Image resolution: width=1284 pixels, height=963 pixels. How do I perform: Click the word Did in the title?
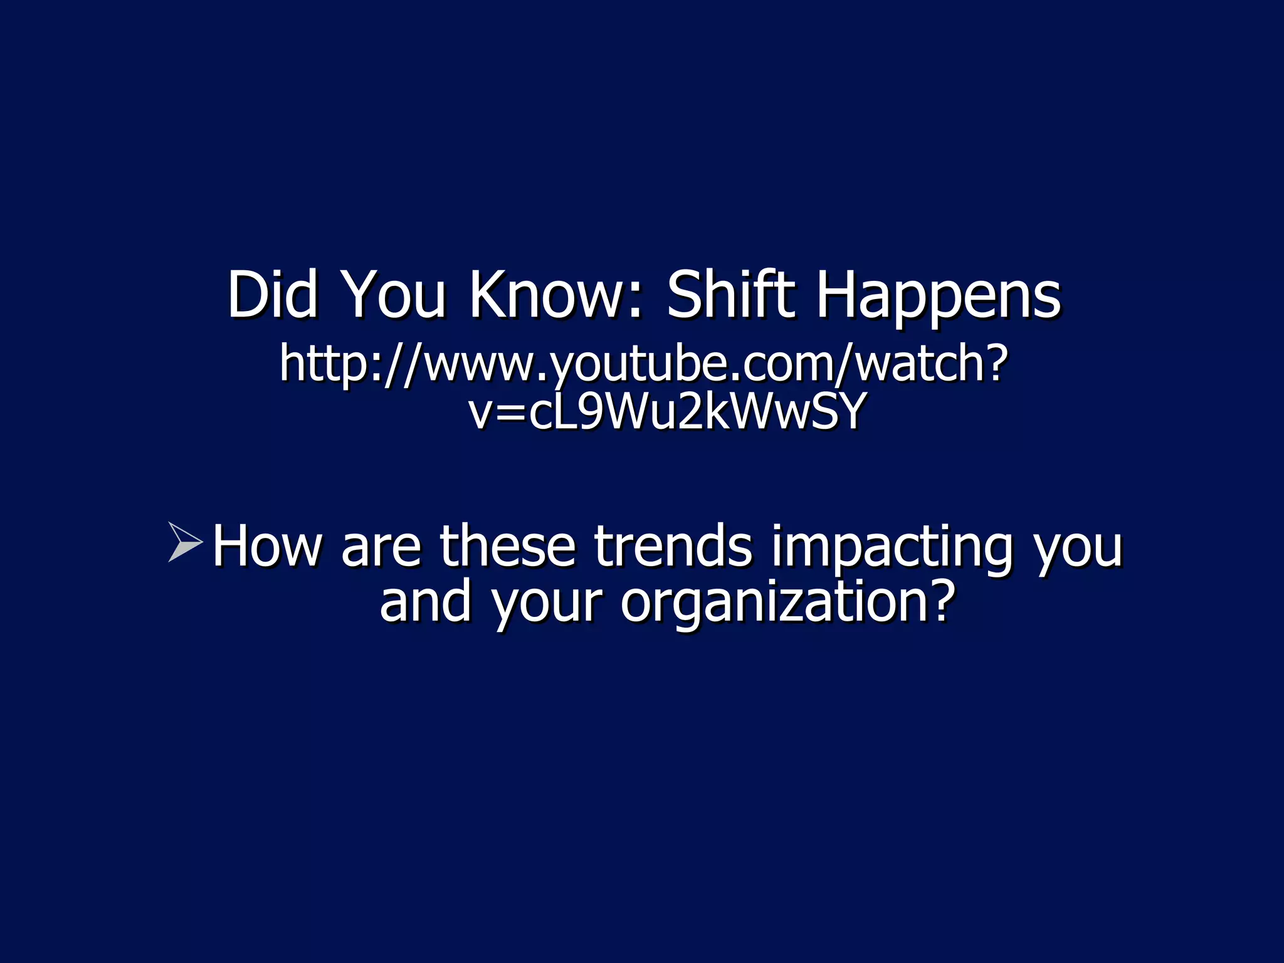click(272, 294)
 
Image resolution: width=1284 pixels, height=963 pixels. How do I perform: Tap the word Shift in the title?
click(730, 294)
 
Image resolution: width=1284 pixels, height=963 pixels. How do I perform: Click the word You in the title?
click(396, 294)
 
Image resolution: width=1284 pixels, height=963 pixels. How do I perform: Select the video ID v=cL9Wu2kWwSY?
click(668, 412)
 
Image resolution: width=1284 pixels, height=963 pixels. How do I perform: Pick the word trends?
click(673, 546)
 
